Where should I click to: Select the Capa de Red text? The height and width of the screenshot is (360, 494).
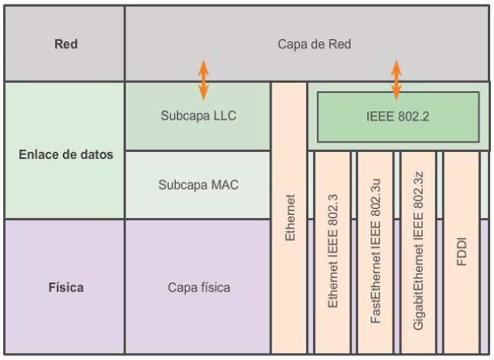pos(314,44)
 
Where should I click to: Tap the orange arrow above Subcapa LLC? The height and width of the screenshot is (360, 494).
pos(203,80)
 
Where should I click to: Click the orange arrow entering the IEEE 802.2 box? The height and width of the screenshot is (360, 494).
pos(396,80)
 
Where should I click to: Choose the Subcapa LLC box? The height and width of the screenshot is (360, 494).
pos(198,117)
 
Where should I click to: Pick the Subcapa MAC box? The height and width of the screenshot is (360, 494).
pos(198,185)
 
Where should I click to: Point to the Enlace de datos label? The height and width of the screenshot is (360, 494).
pos(65,154)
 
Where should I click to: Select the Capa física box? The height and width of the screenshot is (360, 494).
pos(198,288)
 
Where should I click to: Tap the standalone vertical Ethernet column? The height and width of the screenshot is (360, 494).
pos(289,218)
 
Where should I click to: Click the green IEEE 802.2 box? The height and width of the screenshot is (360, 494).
pos(398,118)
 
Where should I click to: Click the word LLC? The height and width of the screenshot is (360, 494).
pos(224,117)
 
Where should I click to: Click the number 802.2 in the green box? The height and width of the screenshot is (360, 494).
pos(414,118)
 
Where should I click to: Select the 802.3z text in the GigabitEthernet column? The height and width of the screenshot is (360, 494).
pos(418,190)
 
